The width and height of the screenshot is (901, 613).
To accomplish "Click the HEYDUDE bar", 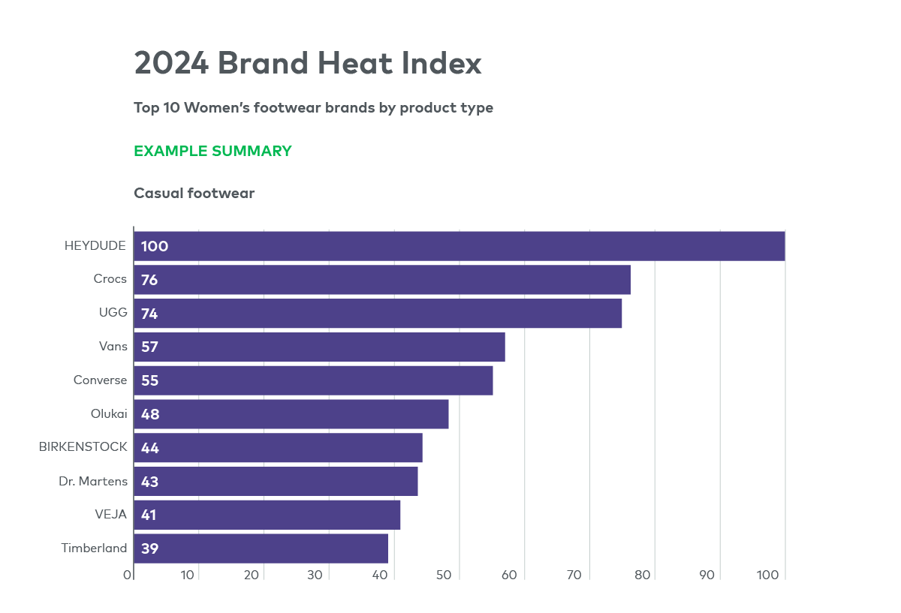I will pyautogui.click(x=460, y=246).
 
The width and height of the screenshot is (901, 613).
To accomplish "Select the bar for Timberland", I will pyautogui.click(x=261, y=548).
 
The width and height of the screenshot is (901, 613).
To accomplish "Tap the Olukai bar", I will pyautogui.click(x=291, y=414).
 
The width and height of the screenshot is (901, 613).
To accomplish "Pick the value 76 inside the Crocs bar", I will pyautogui.click(x=149, y=280).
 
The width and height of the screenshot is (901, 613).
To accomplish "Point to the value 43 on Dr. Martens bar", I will pyautogui.click(x=149, y=482).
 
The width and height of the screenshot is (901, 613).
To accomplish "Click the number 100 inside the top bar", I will pyautogui.click(x=155, y=246).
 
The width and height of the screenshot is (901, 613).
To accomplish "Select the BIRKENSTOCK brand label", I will pyautogui.click(x=83, y=447).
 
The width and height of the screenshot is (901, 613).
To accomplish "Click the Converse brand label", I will pyautogui.click(x=101, y=380).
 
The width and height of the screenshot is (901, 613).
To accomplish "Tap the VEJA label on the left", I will pyautogui.click(x=110, y=515).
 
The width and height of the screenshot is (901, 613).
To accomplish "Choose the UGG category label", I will pyautogui.click(x=113, y=313).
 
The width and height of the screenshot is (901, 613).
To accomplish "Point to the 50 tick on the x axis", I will pyautogui.click(x=444, y=575).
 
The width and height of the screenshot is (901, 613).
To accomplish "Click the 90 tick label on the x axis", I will pyautogui.click(x=707, y=575).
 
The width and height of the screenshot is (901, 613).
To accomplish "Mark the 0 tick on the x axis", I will pyautogui.click(x=128, y=575).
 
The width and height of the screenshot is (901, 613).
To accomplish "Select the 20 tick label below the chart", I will pyautogui.click(x=252, y=575).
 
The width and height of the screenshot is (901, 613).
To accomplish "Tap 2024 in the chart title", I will pyautogui.click(x=171, y=63).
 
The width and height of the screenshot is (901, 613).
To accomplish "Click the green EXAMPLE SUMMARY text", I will pyautogui.click(x=212, y=151).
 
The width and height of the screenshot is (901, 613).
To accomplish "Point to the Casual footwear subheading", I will pyautogui.click(x=194, y=194).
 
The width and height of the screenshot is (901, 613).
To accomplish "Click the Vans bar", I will pyautogui.click(x=319, y=347).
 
